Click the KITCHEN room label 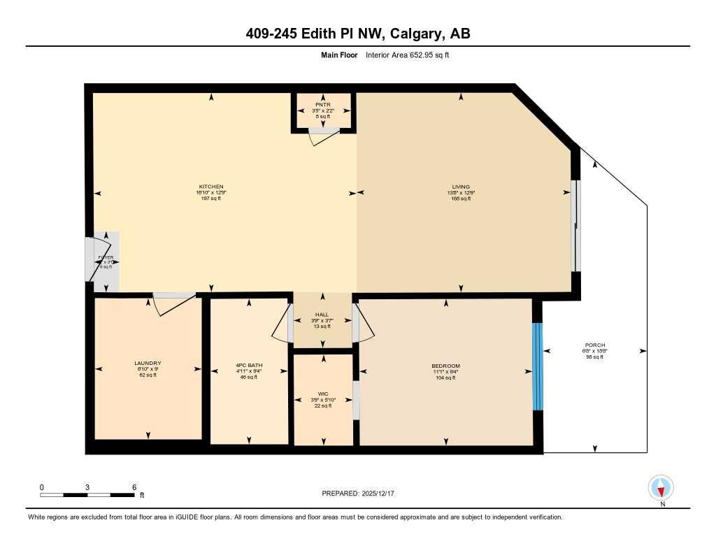210,187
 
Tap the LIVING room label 461,187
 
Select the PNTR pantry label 322,105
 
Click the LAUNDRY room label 148,363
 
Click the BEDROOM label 445,366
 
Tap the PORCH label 594,345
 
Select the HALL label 322,315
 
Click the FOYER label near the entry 105,257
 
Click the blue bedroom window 537,366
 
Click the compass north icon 661,487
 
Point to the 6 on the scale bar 133,487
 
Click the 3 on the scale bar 87,487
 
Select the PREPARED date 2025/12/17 362,494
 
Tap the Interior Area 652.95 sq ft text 407,55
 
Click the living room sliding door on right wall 575,226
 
